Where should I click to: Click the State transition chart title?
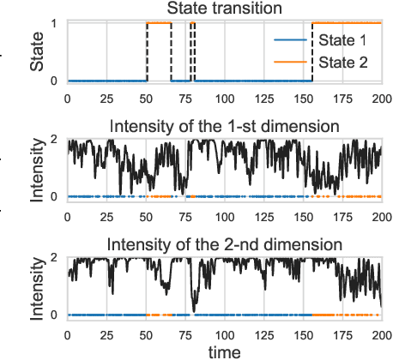coord(225,9)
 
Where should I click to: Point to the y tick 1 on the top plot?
coord(57,22)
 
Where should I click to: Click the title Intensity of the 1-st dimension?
coord(225,128)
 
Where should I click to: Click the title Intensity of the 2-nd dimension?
coord(225,245)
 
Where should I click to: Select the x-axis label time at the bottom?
coord(225,351)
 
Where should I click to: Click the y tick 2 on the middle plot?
coord(57,141)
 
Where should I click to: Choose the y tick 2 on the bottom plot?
coord(57,258)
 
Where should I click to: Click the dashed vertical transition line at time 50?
coord(147,51)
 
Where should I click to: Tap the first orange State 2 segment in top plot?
coord(159,22)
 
